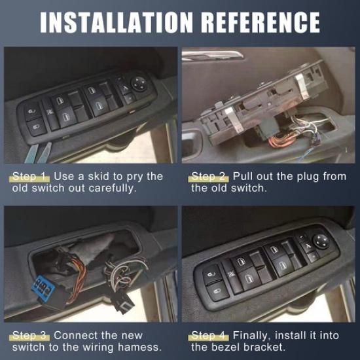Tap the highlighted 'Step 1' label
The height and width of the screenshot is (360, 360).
[31, 177]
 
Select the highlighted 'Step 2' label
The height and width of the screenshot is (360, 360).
[209, 177]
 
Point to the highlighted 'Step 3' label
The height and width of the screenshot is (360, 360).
[31, 336]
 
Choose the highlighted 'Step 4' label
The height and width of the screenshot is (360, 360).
[209, 336]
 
